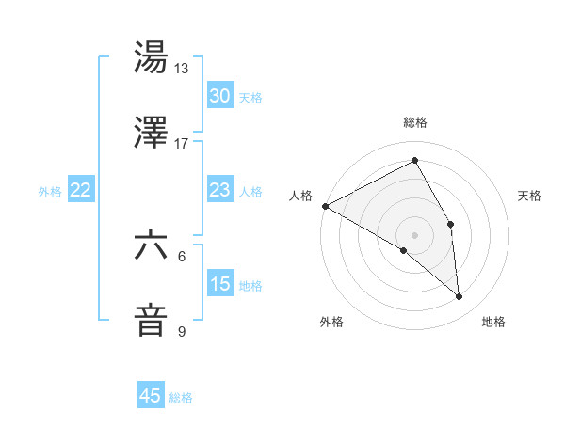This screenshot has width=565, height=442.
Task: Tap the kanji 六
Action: tap(151, 245)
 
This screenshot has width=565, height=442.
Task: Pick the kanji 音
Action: tap(151, 319)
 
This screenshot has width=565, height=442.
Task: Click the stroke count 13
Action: tap(182, 69)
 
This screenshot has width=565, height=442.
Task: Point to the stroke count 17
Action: tap(182, 143)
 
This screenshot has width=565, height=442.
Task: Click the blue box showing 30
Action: tap(220, 96)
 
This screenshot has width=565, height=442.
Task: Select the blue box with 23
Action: tap(220, 190)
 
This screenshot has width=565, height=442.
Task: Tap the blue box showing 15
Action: tap(220, 284)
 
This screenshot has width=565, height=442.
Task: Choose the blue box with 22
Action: tap(81, 190)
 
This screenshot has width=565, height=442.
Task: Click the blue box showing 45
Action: tap(151, 396)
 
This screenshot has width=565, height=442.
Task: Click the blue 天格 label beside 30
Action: tap(250, 97)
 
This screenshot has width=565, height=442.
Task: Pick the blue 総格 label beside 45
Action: tap(181, 398)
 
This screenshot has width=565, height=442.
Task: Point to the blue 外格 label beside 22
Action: tap(50, 191)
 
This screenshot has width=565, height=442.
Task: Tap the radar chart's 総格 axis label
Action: tap(415, 123)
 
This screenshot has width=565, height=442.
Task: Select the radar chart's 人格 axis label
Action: tap(300, 196)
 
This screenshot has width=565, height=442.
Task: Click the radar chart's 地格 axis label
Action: tap(493, 323)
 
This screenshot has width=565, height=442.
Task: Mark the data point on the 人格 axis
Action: tap(325, 206)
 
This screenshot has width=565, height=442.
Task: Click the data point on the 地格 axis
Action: tap(460, 297)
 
